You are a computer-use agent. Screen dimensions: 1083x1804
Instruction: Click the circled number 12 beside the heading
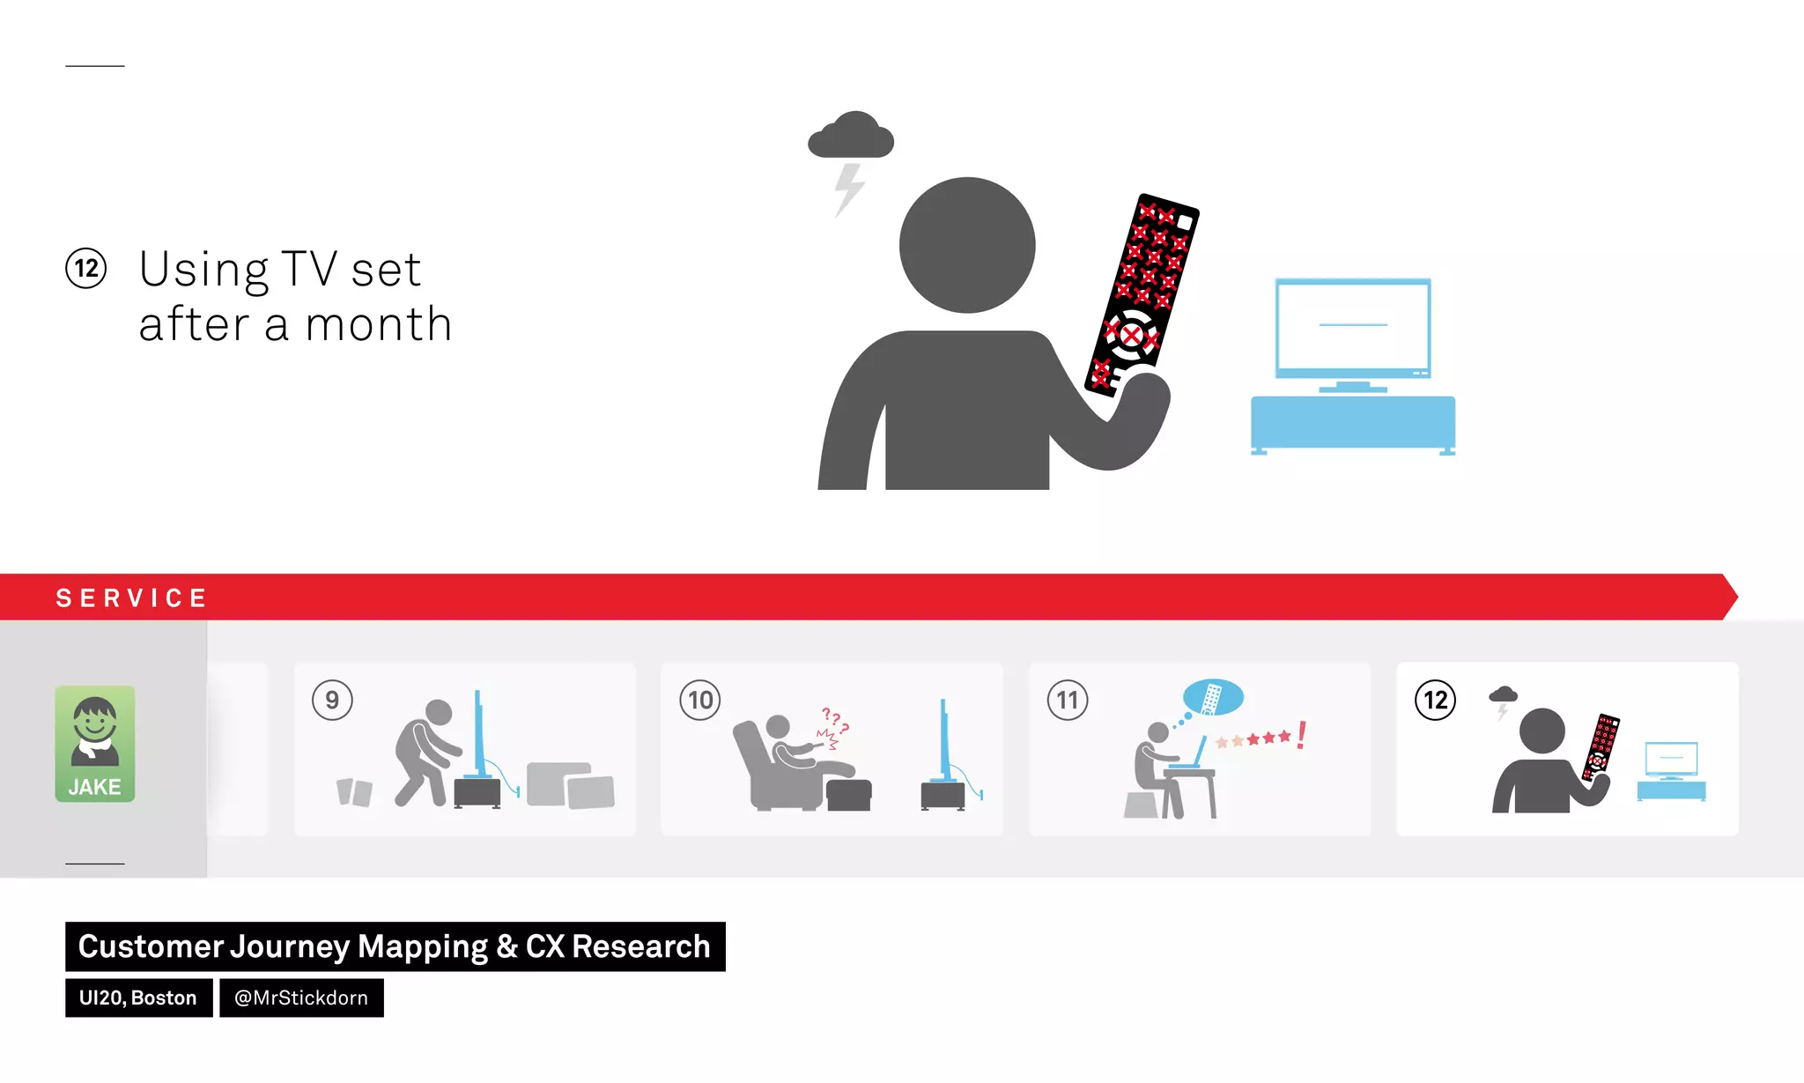(86, 269)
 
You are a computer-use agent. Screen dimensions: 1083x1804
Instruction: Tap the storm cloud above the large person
(851, 137)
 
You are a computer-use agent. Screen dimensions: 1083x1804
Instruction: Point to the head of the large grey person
(967, 245)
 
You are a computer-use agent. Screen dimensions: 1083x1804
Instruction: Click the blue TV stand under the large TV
(1353, 422)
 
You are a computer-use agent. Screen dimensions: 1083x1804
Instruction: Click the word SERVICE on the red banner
(131, 598)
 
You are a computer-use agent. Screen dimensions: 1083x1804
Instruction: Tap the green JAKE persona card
(95, 744)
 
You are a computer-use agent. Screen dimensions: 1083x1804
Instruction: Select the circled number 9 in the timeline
(332, 701)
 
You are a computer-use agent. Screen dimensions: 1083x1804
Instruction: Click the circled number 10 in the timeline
(700, 701)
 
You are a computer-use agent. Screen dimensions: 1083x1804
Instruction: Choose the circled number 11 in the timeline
(1068, 701)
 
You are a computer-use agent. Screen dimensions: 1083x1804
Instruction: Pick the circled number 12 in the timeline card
(1435, 701)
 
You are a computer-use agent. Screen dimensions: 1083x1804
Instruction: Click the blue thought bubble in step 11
(1213, 697)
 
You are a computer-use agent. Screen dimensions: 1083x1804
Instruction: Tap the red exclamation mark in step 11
(1302, 735)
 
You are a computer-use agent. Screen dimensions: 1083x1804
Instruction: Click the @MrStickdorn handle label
(301, 998)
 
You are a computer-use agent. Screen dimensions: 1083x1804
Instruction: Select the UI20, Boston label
(138, 998)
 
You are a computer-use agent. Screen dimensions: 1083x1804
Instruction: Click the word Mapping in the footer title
(423, 946)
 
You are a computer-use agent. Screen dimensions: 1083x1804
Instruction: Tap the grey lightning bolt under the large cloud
(849, 187)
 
